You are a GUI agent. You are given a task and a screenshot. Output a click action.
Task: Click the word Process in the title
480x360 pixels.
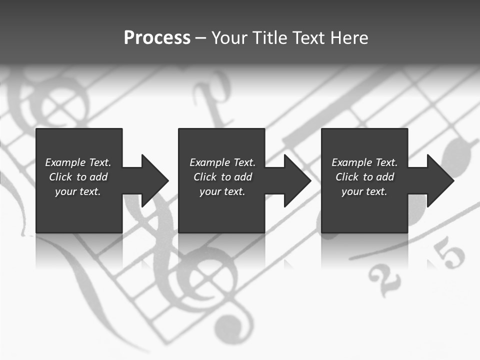click(157, 38)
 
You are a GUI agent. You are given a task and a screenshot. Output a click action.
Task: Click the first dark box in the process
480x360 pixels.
click(79, 210)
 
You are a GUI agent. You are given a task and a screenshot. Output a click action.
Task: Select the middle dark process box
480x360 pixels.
click(221, 210)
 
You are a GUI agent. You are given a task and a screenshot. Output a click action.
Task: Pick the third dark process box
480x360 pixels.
click(364, 210)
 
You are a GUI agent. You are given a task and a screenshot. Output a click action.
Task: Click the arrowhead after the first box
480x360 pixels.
click(153, 180)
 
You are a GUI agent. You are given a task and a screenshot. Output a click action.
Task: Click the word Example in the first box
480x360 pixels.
click(65, 162)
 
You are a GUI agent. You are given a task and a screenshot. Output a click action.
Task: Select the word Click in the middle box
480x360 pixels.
click(205, 177)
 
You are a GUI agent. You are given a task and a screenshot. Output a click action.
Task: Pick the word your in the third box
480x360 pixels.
click(352, 191)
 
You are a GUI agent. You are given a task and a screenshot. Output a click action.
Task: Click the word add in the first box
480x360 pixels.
click(98, 177)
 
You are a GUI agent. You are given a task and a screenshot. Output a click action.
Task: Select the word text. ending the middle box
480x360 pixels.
click(233, 191)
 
